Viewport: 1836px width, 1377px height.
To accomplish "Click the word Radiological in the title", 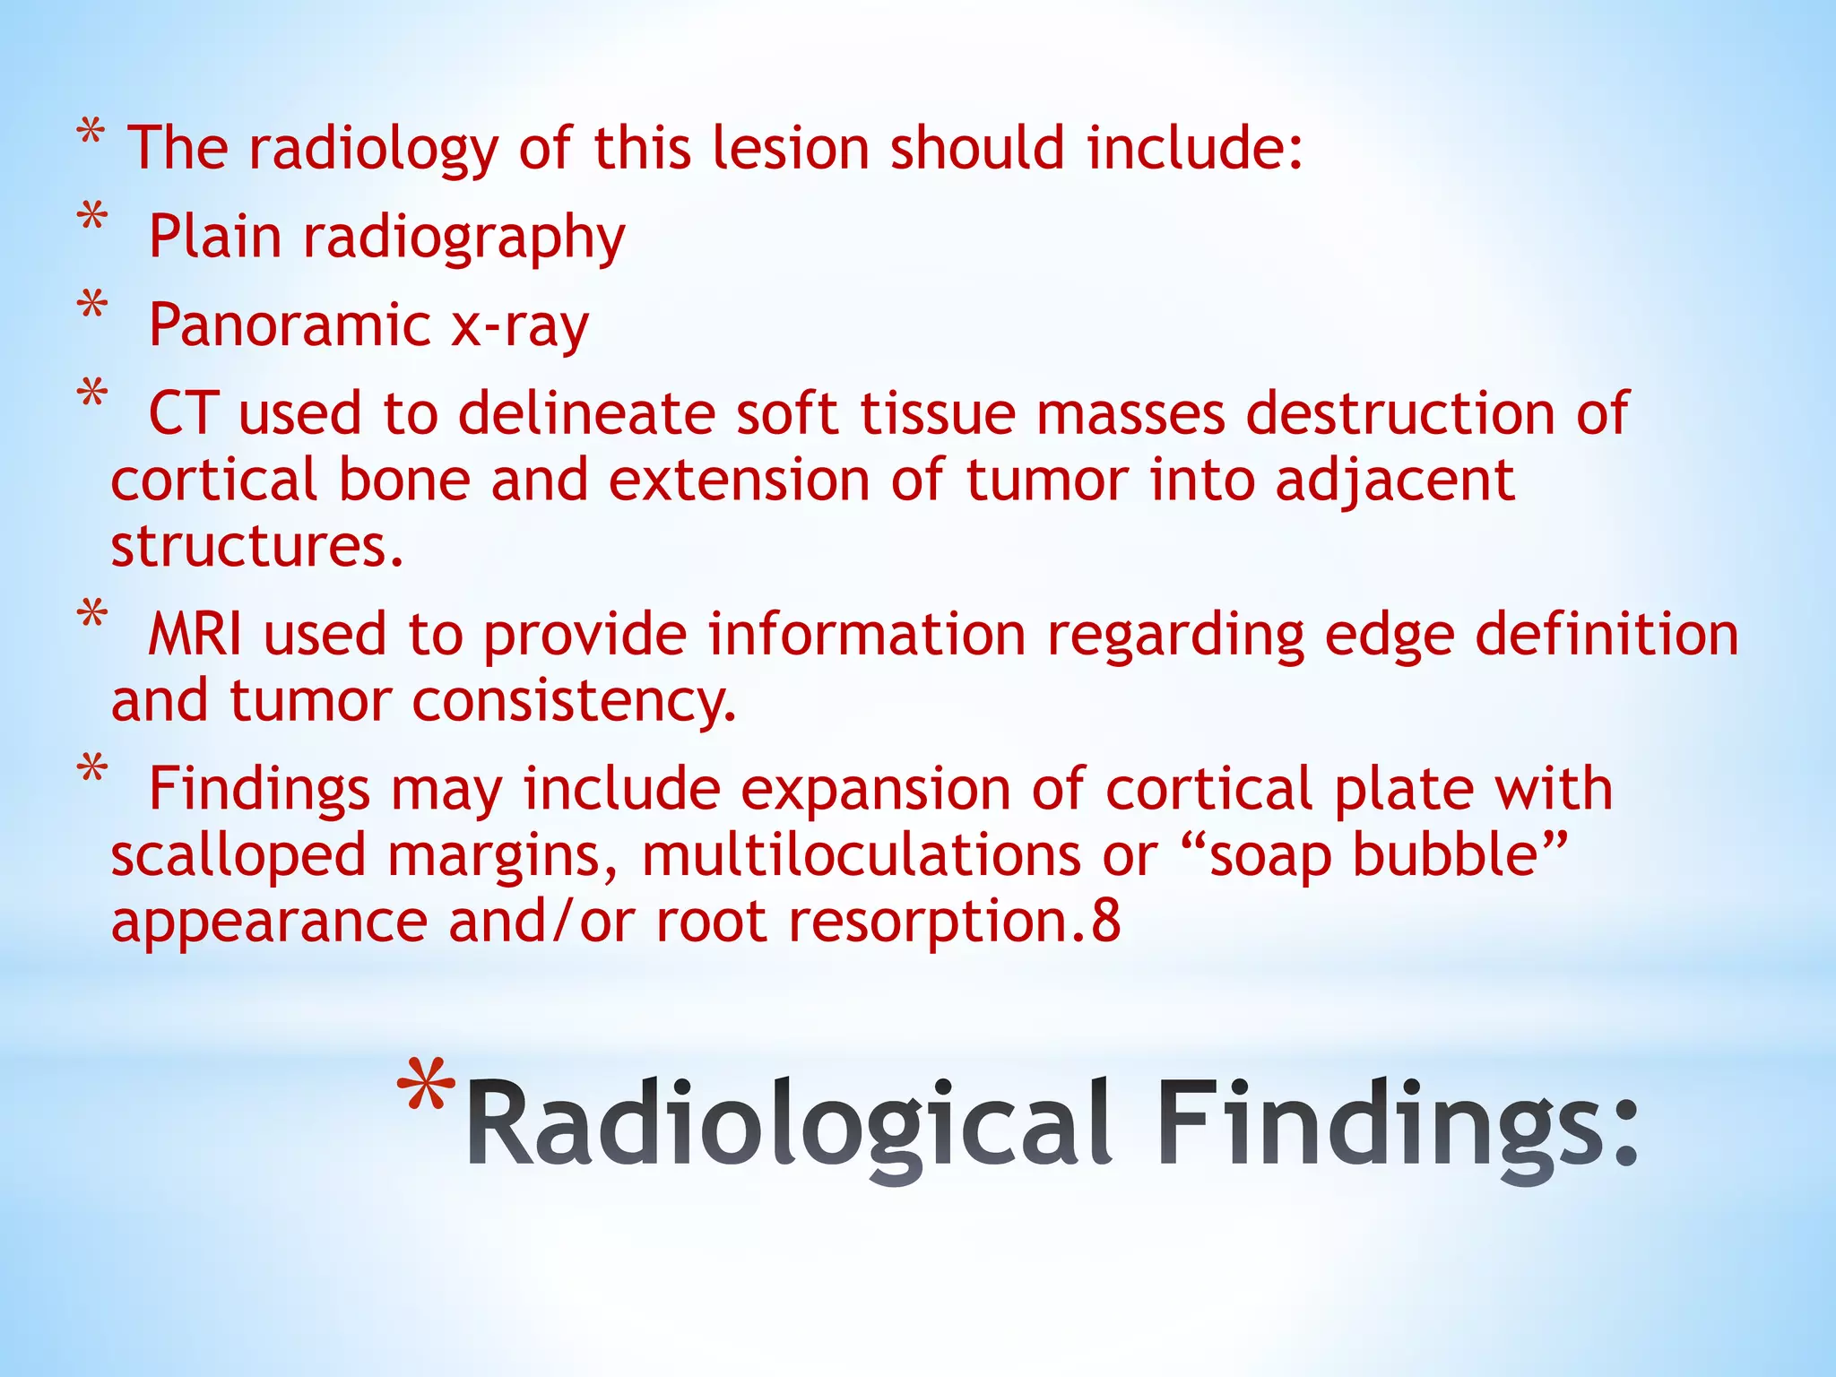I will click(789, 1125).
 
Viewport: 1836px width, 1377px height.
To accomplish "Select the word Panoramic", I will click(290, 325).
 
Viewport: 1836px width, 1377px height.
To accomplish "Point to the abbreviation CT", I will click(183, 413).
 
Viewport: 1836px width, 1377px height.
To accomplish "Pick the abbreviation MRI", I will click(195, 635).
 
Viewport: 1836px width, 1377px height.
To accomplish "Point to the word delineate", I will click(586, 413).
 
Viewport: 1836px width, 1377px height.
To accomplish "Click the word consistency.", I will click(574, 701).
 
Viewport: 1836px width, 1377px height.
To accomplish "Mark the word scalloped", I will click(238, 856).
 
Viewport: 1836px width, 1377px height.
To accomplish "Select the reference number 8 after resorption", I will click(1106, 922).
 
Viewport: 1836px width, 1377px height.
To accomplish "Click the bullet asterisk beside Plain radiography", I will click(92, 218).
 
